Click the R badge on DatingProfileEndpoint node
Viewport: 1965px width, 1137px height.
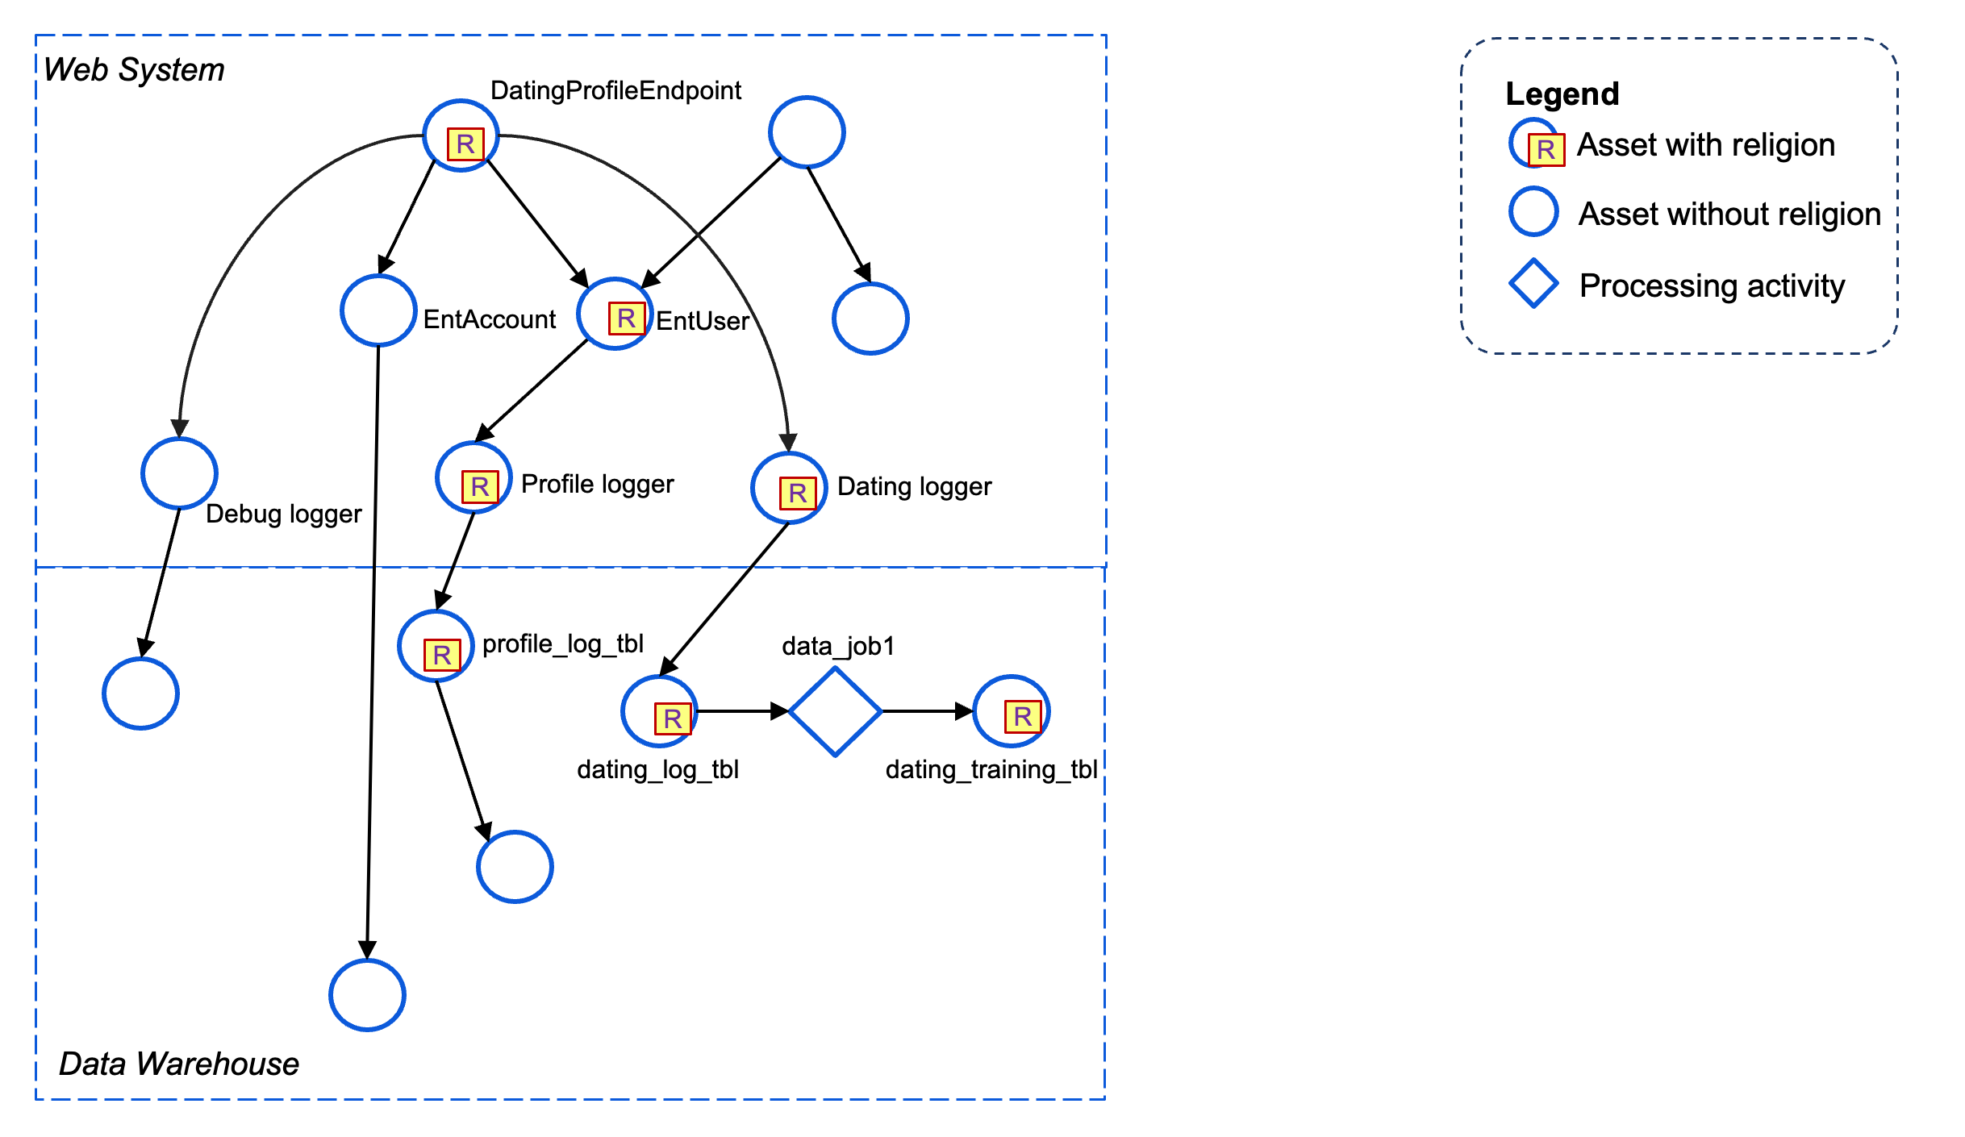[465, 144]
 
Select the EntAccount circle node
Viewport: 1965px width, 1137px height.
[378, 310]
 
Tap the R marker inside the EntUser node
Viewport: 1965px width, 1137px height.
[626, 319]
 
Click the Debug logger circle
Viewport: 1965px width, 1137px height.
[179, 473]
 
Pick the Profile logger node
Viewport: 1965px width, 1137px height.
[474, 477]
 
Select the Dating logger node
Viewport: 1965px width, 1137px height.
[789, 488]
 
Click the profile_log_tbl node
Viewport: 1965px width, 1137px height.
[436, 646]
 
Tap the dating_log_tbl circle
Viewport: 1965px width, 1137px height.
[659, 711]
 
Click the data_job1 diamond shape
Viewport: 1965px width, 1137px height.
[835, 712]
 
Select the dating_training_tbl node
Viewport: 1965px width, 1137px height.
[1011, 711]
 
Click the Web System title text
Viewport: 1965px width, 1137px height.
[134, 70]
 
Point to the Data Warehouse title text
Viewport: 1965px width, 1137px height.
[179, 1064]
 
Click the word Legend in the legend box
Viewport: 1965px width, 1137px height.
[1562, 94]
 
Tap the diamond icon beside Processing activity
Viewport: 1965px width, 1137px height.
[1533, 284]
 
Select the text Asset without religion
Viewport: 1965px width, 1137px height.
[1729, 214]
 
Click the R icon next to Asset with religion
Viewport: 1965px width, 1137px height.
[1546, 150]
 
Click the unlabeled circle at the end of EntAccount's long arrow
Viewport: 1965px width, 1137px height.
[367, 995]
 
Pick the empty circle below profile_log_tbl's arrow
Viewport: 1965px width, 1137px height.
[515, 867]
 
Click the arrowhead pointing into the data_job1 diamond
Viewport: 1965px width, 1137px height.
[779, 711]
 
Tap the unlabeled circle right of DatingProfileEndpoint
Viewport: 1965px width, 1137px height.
[807, 132]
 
